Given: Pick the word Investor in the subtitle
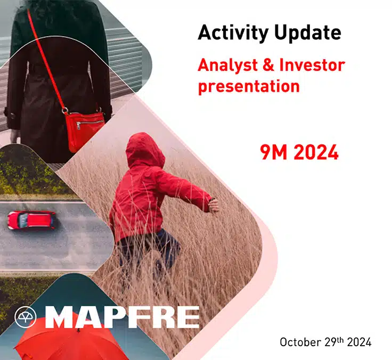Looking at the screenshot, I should (311, 66).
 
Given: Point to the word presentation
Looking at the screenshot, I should (249, 86).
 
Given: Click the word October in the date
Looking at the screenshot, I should (299, 342).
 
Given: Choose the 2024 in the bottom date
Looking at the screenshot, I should (359, 342).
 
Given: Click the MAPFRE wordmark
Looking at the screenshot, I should (122, 317).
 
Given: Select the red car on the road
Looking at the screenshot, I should (31, 220).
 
